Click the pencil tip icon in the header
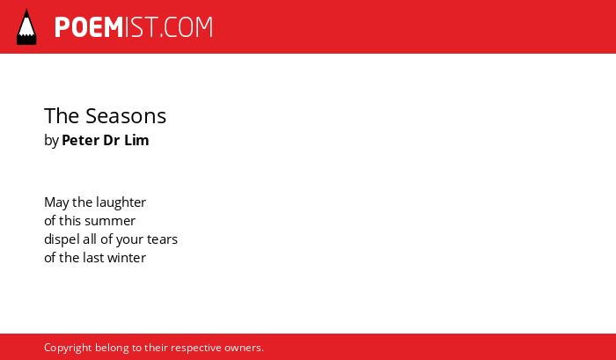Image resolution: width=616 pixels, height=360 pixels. click(26, 26)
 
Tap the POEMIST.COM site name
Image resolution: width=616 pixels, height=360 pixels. click(134, 27)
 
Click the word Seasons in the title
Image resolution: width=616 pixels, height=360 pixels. click(126, 116)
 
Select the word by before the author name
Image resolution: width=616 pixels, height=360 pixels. click(51, 141)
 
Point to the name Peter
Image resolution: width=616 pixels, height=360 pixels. click(81, 140)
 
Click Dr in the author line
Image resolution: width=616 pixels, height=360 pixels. click(112, 140)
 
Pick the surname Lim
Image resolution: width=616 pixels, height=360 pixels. click(136, 140)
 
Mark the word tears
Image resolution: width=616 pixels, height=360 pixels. click(162, 239)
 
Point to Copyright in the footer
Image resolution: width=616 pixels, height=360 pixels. click(68, 349)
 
